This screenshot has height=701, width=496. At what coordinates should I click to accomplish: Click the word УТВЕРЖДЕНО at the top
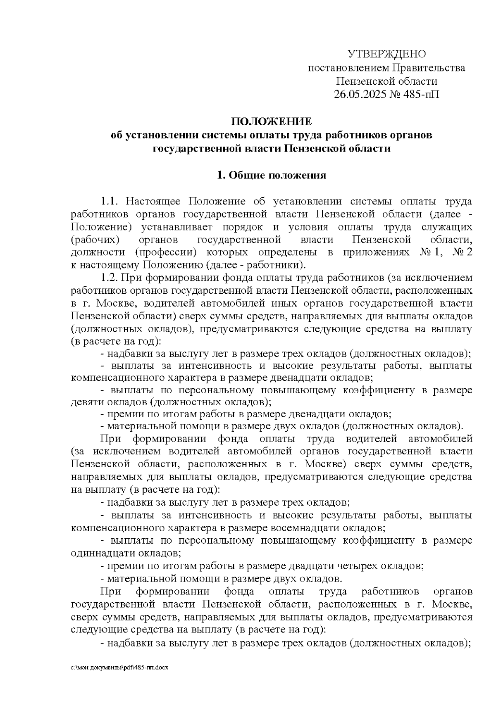(x=386, y=54)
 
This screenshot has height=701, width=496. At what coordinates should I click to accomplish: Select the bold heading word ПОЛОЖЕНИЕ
(x=272, y=122)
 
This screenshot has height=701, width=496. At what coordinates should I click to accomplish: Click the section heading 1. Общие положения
(x=272, y=175)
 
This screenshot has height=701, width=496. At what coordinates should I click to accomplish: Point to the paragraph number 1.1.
(x=110, y=202)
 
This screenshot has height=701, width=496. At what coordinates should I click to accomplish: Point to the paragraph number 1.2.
(x=110, y=277)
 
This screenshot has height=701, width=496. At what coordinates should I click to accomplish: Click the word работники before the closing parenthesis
(x=281, y=264)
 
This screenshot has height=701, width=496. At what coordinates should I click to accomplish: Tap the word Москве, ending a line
(x=451, y=604)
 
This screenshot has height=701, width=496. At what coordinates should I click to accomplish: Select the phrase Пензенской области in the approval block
(x=386, y=81)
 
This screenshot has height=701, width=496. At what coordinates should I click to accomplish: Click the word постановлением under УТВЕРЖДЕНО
(x=348, y=68)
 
